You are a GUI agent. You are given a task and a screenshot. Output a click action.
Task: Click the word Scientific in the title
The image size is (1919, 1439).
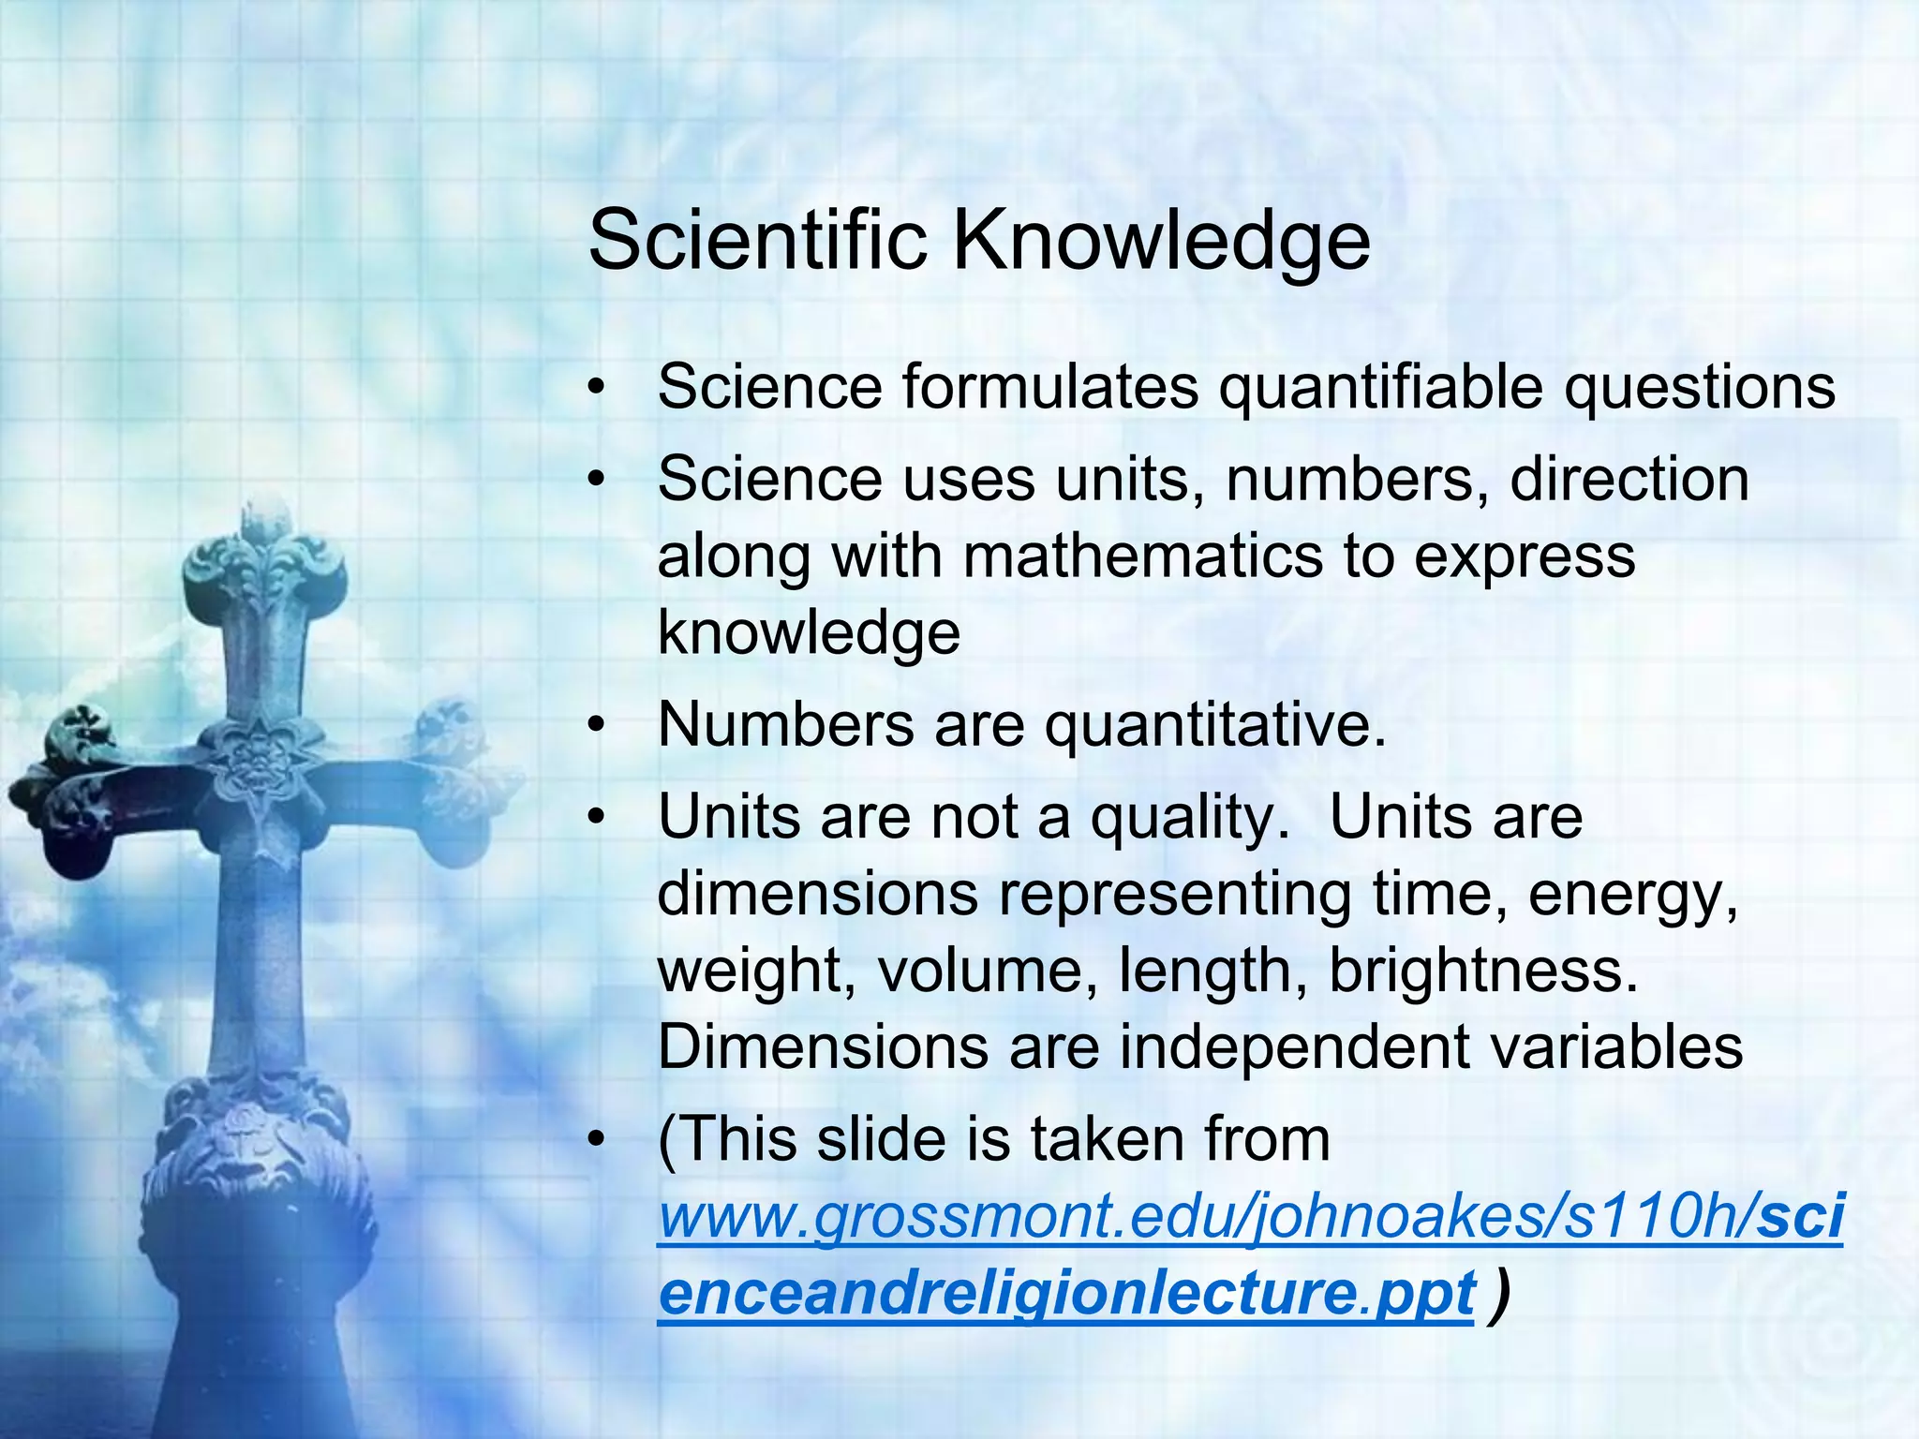point(757,241)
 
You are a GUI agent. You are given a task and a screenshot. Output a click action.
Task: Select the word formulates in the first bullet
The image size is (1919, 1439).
point(1050,387)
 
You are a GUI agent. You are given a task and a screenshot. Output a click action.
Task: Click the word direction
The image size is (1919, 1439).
point(1629,480)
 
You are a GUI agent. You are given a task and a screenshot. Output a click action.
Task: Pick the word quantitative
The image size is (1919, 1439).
point(1214,725)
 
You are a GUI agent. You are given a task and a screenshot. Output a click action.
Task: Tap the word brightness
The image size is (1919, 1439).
point(1484,971)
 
